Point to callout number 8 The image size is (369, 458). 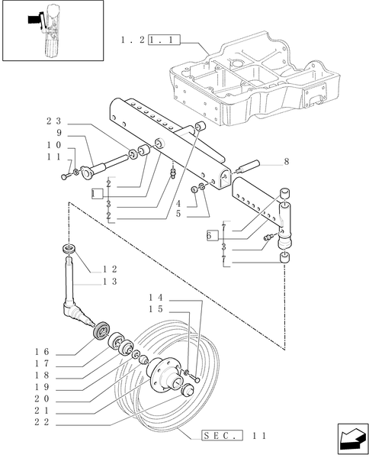(286, 162)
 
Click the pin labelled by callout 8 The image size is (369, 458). (250, 166)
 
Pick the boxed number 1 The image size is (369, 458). (96, 194)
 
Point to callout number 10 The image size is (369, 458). (53, 145)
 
